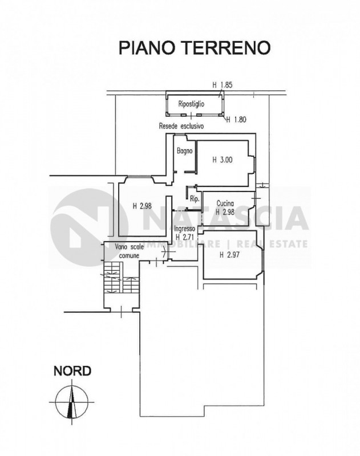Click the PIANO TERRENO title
195,48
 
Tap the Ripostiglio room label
191,104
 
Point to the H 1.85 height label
223,85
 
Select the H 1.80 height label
236,119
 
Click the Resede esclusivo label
181,126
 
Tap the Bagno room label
185,151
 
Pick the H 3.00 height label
223,160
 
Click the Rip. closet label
195,199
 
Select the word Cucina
225,203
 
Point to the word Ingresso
184,229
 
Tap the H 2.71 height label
185,237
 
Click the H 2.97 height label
229,255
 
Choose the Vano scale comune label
129,251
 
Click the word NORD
72,371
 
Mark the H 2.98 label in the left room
142,206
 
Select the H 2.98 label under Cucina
225,211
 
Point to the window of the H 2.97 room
263,260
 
